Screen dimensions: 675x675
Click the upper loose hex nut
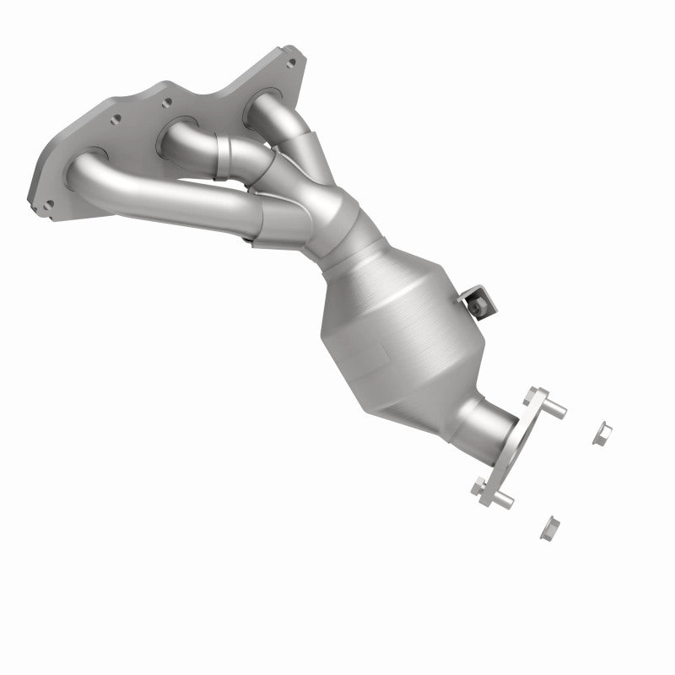pyautogui.click(x=602, y=433)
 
